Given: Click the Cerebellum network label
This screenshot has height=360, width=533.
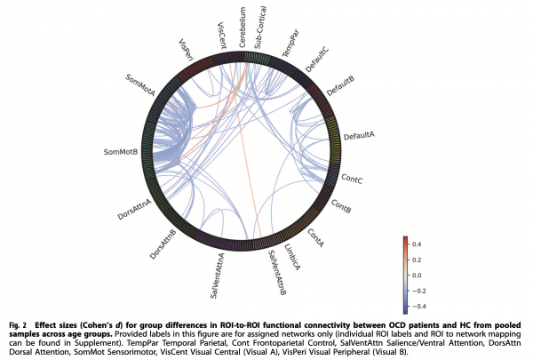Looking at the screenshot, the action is coord(242,28).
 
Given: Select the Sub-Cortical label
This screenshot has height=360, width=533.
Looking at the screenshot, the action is coord(260,28).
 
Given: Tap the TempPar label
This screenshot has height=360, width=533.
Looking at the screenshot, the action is coord(290,44).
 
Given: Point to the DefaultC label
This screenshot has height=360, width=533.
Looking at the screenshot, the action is coord(317,60).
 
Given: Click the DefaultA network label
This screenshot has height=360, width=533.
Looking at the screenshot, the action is coord(359,135).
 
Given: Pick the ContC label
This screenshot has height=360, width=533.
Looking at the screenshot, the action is coord(352,179).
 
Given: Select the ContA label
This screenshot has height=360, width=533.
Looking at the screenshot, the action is coord(315,237).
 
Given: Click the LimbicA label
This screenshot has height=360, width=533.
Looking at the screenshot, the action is coord(292,257).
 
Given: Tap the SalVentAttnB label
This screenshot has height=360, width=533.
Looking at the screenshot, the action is coord(277,273).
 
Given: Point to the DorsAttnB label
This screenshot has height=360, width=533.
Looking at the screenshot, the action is coord(163,244).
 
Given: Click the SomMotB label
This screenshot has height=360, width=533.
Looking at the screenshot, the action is coord(121,152).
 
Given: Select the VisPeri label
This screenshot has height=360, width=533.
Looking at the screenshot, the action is coord(186,50).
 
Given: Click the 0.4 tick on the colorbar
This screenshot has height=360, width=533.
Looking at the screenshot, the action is coord(417,244).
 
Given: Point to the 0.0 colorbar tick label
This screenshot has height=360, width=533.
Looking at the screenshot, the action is coord(417,276).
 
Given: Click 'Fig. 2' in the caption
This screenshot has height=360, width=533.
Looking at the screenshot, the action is coord(18,325).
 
